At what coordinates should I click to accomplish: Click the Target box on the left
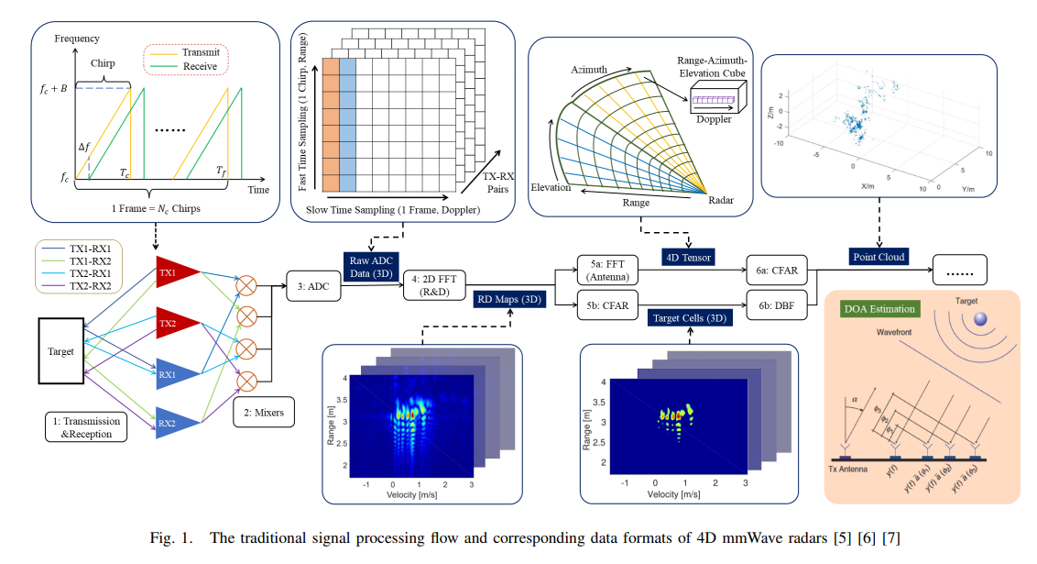pos(62,350)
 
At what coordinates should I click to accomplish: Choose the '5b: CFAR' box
pos(606,305)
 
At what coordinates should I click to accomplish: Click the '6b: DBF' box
pos(778,305)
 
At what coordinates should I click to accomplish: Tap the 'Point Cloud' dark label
pos(880,257)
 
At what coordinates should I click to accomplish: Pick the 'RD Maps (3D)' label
pos(509,298)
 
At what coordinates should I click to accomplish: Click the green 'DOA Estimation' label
pos(879,310)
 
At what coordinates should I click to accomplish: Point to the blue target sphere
pos(981,318)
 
